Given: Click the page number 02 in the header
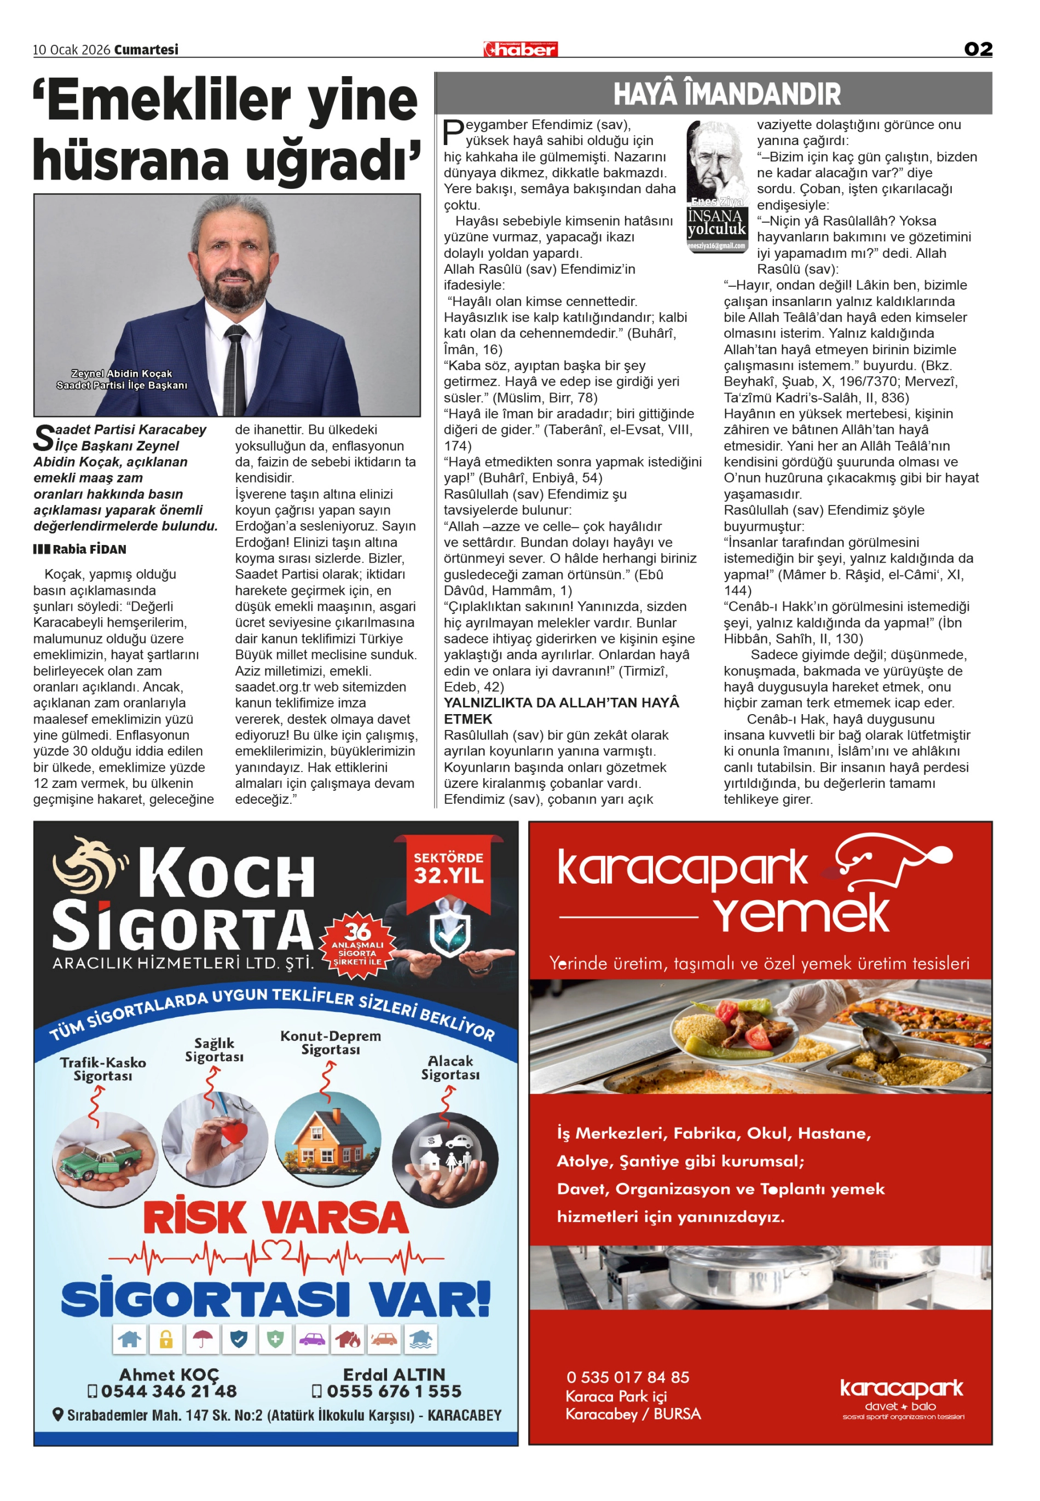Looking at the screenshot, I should point(978,49).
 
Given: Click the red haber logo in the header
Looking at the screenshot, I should point(520,49).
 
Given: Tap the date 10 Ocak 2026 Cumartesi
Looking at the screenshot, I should point(106,49).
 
